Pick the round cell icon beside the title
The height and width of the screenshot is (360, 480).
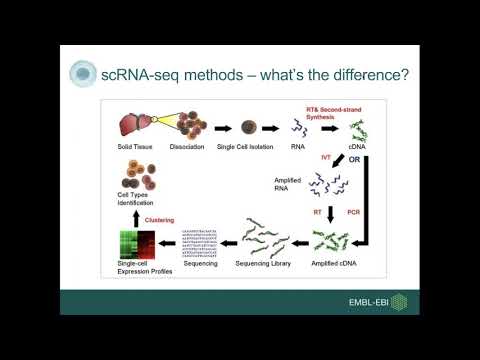click(82, 74)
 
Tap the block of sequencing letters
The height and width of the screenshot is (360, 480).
click(197, 244)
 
